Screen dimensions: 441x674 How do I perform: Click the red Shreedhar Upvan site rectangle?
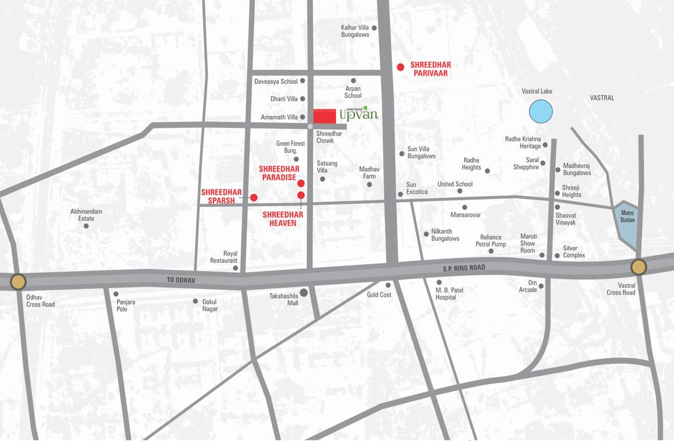[x=324, y=115]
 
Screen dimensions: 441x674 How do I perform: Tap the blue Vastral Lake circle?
[x=540, y=111]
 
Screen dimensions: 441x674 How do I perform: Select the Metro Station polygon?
[x=627, y=223]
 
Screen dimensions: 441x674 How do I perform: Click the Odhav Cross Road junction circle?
[x=18, y=281]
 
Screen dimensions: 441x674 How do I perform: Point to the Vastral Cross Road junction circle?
[x=638, y=267]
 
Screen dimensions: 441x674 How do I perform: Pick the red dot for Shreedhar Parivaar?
[x=400, y=67]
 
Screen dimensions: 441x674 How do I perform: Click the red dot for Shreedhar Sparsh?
[x=254, y=198]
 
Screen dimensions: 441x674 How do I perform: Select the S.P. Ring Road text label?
[x=463, y=268]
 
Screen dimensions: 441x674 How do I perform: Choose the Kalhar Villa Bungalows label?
[x=355, y=31]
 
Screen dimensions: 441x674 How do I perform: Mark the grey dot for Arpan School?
[x=353, y=81]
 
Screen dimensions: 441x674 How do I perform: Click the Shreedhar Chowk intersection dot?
[x=310, y=126]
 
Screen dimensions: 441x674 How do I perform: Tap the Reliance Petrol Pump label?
[x=490, y=241]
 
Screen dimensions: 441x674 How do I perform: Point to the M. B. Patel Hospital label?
[x=449, y=293]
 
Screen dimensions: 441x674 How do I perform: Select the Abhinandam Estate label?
[x=86, y=215]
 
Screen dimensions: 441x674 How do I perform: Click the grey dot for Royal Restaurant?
[x=235, y=268]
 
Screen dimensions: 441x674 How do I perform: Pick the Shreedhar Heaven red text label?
[x=283, y=218]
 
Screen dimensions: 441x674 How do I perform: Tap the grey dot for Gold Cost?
[x=388, y=285]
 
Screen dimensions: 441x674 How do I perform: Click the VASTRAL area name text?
[x=602, y=98]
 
